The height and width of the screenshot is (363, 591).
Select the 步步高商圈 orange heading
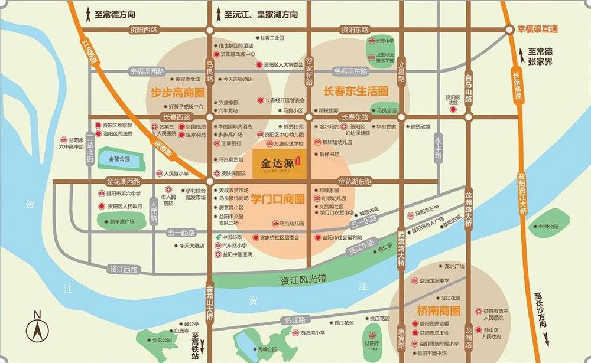178,93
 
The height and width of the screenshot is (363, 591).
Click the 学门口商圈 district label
277,199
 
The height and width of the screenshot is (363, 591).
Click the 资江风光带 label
304,279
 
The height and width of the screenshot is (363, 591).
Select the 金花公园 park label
119,159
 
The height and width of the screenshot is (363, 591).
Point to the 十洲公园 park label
544,226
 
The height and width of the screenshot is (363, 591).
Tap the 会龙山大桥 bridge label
209,303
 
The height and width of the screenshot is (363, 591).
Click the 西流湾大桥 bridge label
401,248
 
